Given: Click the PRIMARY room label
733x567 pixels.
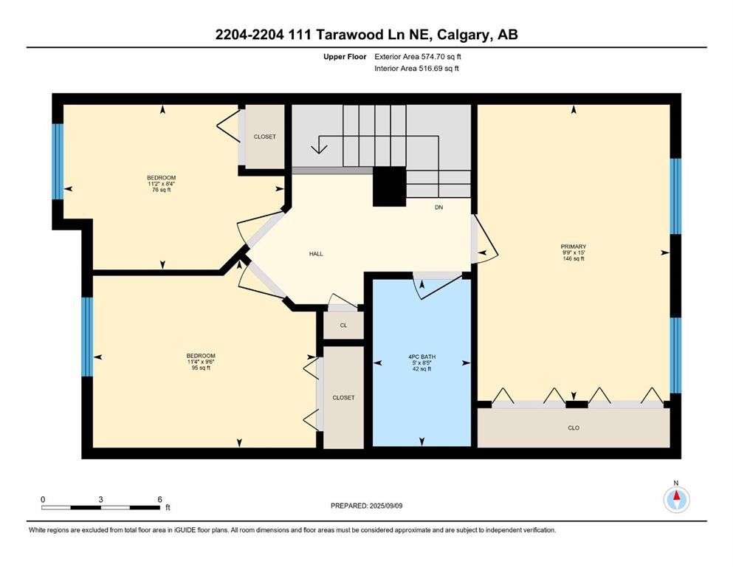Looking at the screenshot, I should (x=573, y=247).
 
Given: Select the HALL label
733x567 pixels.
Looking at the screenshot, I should (x=316, y=254).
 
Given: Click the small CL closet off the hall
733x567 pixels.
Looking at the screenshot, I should (x=343, y=324).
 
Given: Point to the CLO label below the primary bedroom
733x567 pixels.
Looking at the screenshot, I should (x=573, y=427).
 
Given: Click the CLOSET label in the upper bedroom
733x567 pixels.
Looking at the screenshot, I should (x=264, y=137).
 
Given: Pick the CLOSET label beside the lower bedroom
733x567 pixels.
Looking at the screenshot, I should (x=343, y=397).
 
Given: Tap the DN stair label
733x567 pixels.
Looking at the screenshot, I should (x=438, y=207).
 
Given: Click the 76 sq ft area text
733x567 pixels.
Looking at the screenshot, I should (x=161, y=190).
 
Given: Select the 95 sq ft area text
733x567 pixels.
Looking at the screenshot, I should (x=201, y=368).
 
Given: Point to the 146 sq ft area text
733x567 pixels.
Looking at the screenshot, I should (x=573, y=258).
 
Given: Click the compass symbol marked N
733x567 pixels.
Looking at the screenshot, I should (x=675, y=499).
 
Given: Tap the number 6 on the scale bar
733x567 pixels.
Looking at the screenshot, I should (x=159, y=499).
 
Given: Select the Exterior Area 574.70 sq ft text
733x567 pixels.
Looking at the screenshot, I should (x=421, y=56).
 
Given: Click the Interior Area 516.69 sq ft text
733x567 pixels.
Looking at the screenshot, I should (x=416, y=69).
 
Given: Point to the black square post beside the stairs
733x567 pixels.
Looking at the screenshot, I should (x=389, y=186).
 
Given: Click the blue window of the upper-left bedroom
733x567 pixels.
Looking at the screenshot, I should (x=58, y=161).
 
